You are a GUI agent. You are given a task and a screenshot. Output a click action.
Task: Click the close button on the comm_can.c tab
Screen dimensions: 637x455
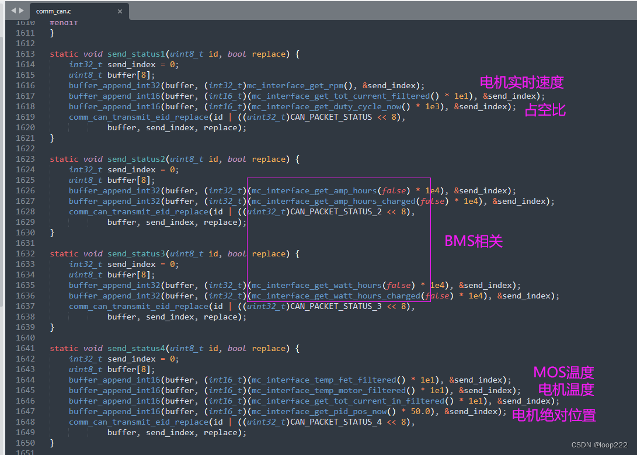pos(120,11)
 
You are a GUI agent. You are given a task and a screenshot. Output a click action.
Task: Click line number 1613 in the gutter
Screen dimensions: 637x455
pos(25,54)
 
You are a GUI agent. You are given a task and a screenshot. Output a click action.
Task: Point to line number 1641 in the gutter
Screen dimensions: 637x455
pos(25,348)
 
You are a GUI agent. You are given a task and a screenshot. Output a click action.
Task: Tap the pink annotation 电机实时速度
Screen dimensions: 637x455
pos(521,82)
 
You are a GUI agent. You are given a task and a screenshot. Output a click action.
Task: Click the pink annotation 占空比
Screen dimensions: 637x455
pos(545,110)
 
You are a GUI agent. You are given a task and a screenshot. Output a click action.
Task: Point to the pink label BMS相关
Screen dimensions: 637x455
pos(474,241)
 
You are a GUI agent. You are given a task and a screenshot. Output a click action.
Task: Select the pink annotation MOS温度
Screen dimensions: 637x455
pos(563,372)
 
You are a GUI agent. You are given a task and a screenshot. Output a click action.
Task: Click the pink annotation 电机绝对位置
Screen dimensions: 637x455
pos(554,415)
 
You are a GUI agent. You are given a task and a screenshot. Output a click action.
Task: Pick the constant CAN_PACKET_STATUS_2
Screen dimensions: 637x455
pos(336,211)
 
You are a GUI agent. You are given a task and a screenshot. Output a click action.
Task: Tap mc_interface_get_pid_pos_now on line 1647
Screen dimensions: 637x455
pos(319,411)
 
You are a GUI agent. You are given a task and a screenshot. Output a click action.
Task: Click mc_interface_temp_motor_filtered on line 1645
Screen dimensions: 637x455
pos(328,390)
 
